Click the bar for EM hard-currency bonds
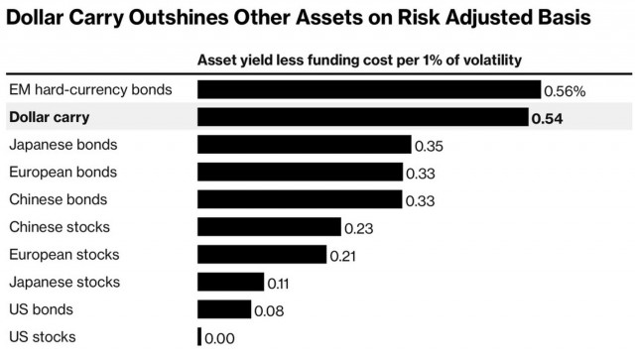[x=369, y=90]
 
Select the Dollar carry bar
[x=362, y=118]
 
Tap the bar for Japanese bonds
[x=304, y=145]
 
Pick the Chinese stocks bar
[x=269, y=227]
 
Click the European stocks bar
[x=262, y=255]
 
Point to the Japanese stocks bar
[x=230, y=282]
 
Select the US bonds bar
[x=224, y=309]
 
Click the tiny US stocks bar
[x=199, y=337]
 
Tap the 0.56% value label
[x=565, y=91]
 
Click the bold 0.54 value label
[x=547, y=118]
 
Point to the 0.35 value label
[x=429, y=146]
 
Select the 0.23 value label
[x=358, y=228]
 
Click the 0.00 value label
[x=219, y=338]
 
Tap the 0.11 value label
[x=279, y=283]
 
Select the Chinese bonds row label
[x=58, y=199]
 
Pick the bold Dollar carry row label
[x=49, y=117]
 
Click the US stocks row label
[x=42, y=337]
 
